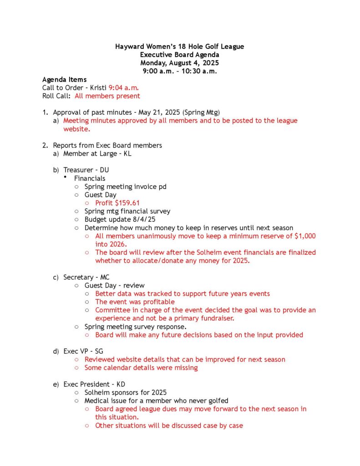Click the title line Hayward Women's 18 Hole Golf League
pos(180,46)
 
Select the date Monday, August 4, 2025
pos(180,63)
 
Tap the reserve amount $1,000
pos(304,236)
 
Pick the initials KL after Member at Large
pos(128,154)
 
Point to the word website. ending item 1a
pos(77,129)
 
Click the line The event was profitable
pos(135,302)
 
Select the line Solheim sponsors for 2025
pos(125,392)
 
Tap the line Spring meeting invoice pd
pos(125,187)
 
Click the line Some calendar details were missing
pos(141,368)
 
